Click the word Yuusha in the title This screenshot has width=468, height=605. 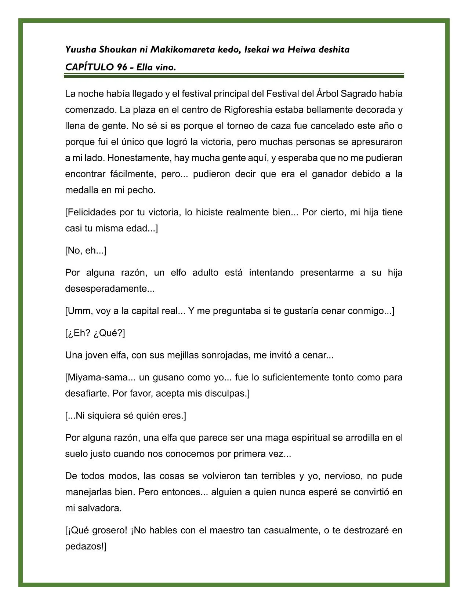click(x=78, y=50)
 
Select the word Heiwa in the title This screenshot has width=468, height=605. click(x=300, y=50)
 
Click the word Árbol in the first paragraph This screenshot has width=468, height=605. click(x=327, y=94)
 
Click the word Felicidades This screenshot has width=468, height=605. click(x=91, y=212)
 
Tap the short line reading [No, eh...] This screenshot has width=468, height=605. click(x=86, y=251)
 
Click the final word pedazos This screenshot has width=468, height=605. click(x=85, y=546)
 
